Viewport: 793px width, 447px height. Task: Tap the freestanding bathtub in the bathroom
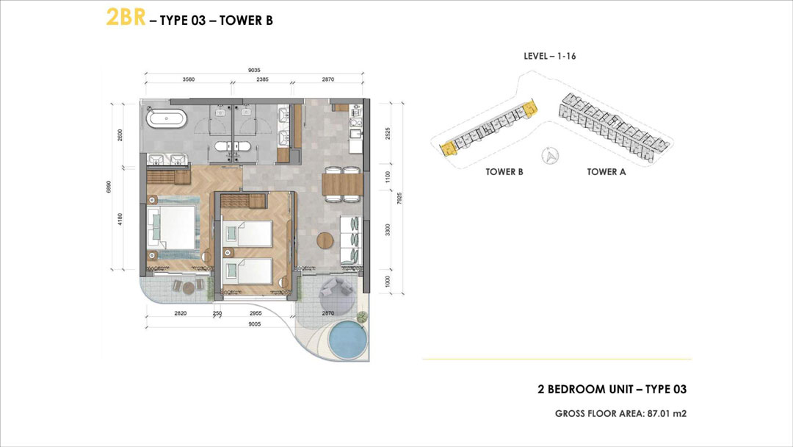pos(167,120)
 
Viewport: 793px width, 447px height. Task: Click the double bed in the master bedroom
pos(171,226)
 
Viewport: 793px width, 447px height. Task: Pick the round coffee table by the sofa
pos(325,240)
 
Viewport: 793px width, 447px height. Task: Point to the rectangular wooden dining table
pos(342,185)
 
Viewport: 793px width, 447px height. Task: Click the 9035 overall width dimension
pos(254,71)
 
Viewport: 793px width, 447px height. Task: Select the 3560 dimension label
pos(189,79)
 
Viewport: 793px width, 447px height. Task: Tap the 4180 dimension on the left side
pos(120,219)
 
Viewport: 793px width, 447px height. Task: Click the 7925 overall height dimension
pos(399,198)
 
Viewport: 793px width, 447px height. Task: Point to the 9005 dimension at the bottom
pos(254,324)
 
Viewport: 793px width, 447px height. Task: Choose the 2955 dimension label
pos(256,313)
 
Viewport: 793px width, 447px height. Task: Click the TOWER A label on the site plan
pos(606,172)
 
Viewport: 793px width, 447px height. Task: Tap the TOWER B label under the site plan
pos(504,172)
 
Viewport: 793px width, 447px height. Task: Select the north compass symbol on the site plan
pos(550,155)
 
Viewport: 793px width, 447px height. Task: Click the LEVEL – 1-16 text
pos(550,56)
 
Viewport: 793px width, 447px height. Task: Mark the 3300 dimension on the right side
pos(388,230)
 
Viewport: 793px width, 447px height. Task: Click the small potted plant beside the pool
pos(362,318)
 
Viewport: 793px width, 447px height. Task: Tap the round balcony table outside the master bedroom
pos(189,288)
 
